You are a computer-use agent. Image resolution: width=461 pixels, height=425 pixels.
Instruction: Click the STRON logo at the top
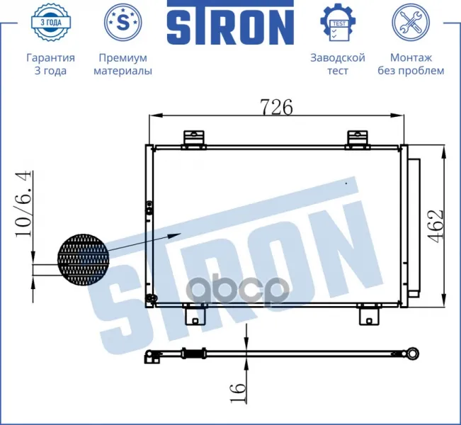pos(231,23)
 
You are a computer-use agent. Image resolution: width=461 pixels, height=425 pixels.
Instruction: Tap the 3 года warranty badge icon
pos(51,22)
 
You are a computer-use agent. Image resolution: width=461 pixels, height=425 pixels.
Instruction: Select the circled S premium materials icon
pos(123,22)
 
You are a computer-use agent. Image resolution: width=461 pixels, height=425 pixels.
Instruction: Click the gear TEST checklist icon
pos(338,22)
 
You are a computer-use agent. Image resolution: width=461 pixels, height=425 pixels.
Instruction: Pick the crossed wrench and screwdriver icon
pos(411,22)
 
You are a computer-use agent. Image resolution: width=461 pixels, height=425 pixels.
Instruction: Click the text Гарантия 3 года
pos(50,64)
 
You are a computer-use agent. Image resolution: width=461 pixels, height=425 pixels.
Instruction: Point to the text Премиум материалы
pos(123,64)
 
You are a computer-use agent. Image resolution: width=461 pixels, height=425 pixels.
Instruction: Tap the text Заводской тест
pos(338,64)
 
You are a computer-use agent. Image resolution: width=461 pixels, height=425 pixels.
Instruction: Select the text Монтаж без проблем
pos(411,64)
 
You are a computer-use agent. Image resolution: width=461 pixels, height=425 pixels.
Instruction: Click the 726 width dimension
pos(277,107)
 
